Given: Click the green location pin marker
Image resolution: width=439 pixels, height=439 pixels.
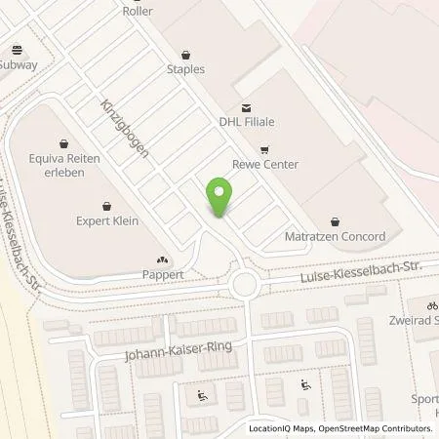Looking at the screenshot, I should click(x=220, y=197).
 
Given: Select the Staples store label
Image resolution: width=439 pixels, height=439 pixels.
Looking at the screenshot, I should click(x=185, y=70).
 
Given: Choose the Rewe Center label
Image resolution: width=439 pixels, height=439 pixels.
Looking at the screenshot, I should click(x=265, y=164).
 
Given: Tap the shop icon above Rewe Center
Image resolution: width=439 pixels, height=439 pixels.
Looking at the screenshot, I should click(x=265, y=150).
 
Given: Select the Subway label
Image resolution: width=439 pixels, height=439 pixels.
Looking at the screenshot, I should click(x=19, y=65).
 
